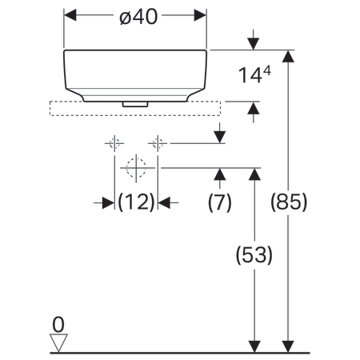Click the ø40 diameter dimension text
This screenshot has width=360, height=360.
[135, 15]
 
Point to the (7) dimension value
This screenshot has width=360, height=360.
[219, 203]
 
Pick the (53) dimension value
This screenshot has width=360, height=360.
[254, 256]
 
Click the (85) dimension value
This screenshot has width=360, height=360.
[289, 203]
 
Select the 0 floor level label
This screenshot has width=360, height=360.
[57, 324]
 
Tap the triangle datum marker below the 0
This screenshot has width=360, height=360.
[58, 342]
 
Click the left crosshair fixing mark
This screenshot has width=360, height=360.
[113, 143]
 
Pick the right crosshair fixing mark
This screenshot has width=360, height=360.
[158, 143]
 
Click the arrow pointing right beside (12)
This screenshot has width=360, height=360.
[106, 203]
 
